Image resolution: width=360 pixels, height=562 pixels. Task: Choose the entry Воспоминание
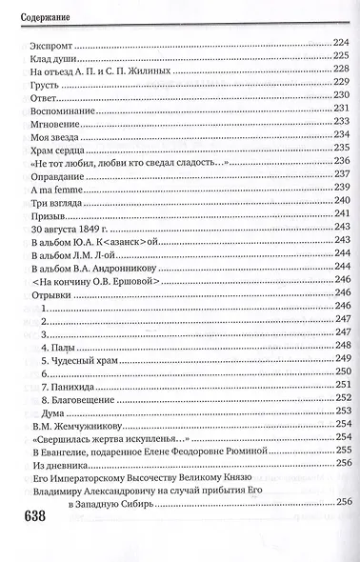(x=58, y=111)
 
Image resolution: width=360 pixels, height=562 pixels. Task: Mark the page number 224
(x=341, y=44)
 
